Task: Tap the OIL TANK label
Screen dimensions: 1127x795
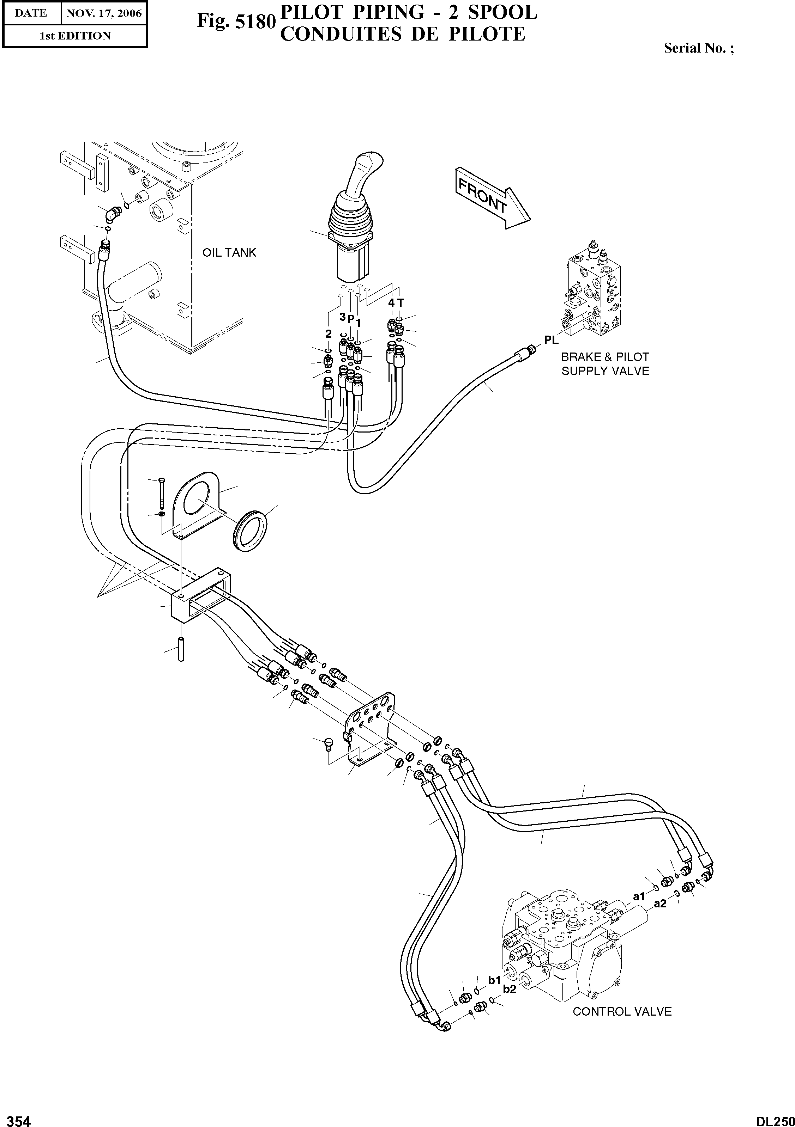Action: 229,252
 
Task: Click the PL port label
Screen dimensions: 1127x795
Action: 551,340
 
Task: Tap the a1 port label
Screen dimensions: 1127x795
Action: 638,897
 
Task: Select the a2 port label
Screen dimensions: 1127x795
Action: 660,904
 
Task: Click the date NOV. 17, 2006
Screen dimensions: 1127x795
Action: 104,13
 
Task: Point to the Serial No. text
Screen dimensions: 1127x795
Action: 699,48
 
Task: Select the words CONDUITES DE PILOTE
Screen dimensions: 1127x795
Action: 402,34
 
